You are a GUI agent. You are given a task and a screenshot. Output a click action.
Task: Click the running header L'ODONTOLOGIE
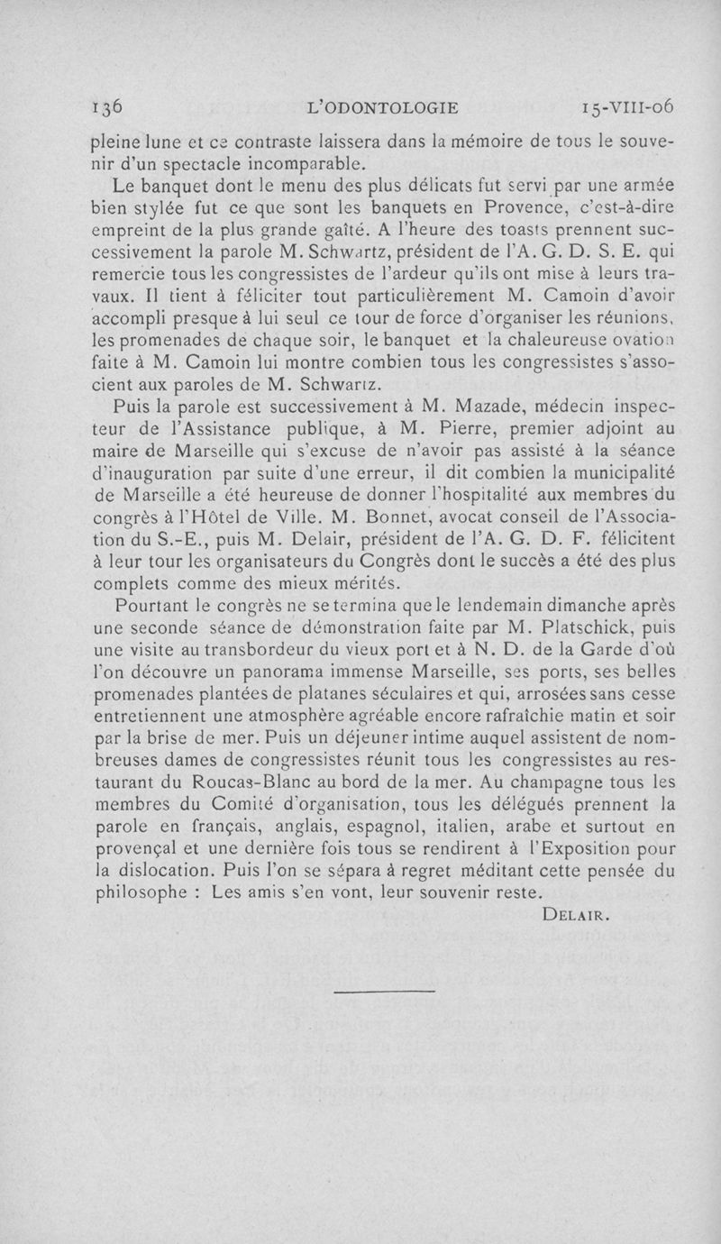[383, 106]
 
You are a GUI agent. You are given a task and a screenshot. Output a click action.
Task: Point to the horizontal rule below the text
[384, 992]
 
